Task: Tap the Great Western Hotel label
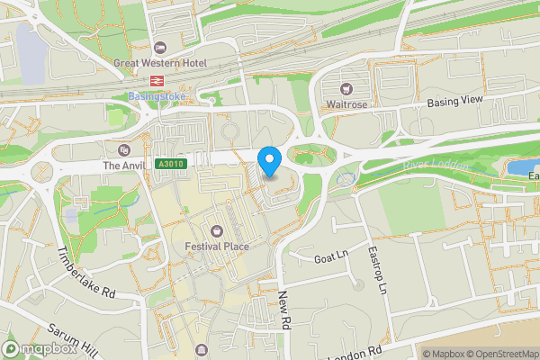(160, 63)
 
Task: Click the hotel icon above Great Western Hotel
(160, 48)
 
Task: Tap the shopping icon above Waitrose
(346, 88)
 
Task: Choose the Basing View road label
(455, 101)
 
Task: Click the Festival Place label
(216, 246)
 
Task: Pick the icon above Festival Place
(216, 230)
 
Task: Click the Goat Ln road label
(328, 257)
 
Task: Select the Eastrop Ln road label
(377, 269)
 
